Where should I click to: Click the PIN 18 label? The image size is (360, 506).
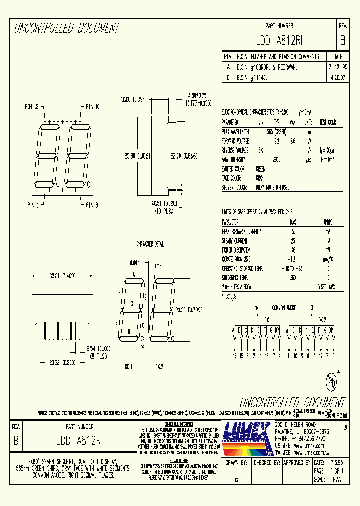[x=35, y=106]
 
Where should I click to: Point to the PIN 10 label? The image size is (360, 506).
[x=92, y=106]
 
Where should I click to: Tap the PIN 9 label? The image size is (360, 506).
[x=92, y=205]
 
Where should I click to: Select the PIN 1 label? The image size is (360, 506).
[x=35, y=205]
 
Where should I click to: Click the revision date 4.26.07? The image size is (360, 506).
[x=337, y=78]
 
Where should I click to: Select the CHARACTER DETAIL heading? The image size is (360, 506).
[x=150, y=244]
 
